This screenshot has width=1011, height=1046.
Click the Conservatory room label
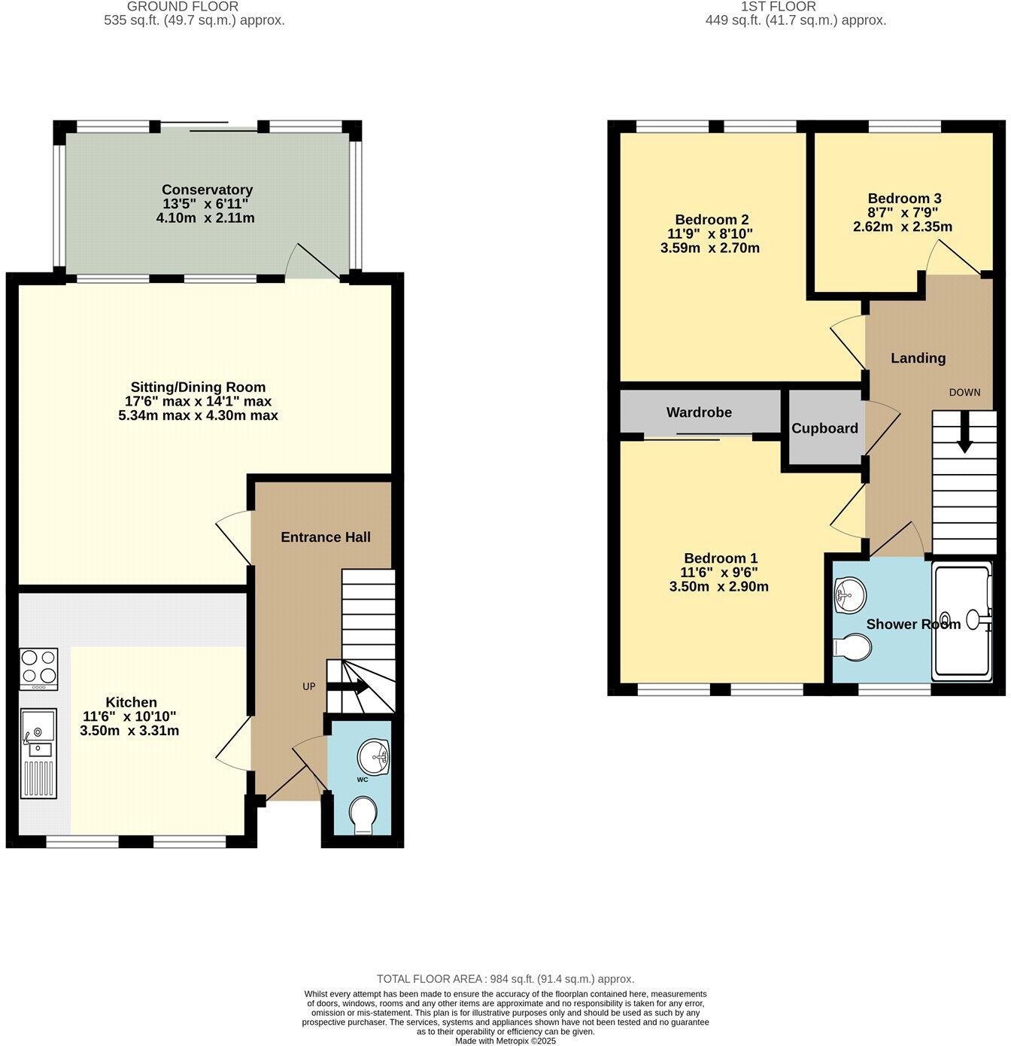[x=207, y=190]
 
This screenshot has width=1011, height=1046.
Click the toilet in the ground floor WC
[x=364, y=816]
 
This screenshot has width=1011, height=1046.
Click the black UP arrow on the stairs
[x=348, y=686]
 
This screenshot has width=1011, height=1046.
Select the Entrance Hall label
[x=325, y=537]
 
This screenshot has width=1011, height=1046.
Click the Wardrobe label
[x=699, y=412]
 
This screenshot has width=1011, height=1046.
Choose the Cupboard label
[x=824, y=428]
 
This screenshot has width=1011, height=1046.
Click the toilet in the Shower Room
[x=853, y=646]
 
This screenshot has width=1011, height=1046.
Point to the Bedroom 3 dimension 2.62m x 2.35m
[x=903, y=227]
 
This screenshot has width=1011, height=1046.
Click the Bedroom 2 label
[x=712, y=220]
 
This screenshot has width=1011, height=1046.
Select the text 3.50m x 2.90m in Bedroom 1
[x=719, y=586]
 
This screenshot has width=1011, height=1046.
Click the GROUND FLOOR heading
[x=183, y=7]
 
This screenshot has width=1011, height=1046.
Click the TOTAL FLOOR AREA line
[x=506, y=979]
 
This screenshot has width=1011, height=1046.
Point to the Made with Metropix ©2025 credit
[x=506, y=1041]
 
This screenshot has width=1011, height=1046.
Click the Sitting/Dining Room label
[x=197, y=388]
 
